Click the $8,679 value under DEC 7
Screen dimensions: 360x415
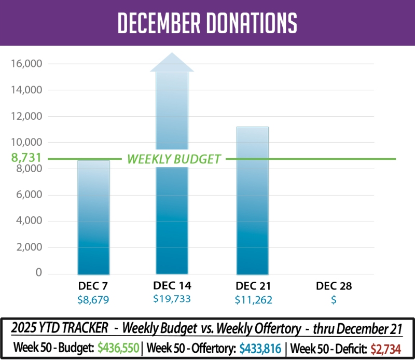[93, 299]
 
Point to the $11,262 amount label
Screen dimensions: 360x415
[253, 299]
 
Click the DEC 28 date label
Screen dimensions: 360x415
[334, 286]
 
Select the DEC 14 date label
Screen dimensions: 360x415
[172, 285]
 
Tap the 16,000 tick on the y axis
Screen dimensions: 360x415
[25, 64]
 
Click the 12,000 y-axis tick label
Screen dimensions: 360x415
[25, 116]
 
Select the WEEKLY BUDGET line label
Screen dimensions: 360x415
[174, 159]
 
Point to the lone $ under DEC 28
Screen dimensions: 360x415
[334, 299]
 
